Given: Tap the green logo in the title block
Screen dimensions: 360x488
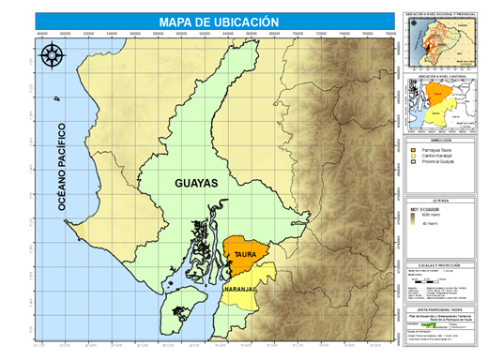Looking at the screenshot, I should click(440, 327).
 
